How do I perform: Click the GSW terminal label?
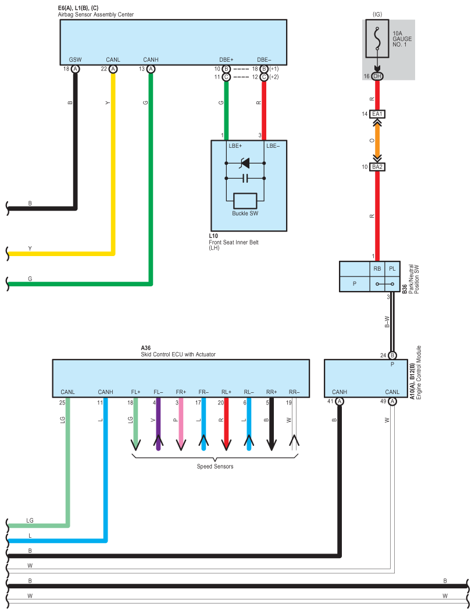point(75,59)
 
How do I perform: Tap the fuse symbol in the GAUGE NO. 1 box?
point(377,38)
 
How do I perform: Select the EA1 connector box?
point(377,114)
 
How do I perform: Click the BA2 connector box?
point(377,167)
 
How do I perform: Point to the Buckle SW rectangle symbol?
point(245,201)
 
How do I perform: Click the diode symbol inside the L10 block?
point(245,163)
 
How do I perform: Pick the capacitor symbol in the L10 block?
point(245,178)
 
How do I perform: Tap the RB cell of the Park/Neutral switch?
point(377,269)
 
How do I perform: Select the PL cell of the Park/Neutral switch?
point(392,269)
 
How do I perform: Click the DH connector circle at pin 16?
point(377,76)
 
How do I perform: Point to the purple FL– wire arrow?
point(158,424)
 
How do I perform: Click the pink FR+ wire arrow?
point(181,424)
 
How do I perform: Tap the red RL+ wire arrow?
point(226,424)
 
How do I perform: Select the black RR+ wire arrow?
point(272,424)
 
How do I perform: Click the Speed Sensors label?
point(215,466)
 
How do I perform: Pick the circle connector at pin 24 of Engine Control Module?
point(392,356)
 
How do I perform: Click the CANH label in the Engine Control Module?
point(339,392)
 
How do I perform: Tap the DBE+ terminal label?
point(226,59)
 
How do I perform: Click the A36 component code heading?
point(145,347)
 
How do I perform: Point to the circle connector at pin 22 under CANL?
point(113,69)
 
